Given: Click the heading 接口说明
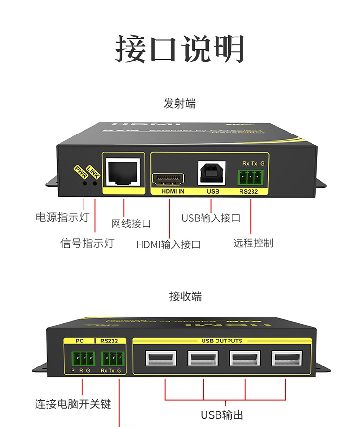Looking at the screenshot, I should [180, 49].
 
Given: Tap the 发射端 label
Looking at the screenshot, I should [180, 103].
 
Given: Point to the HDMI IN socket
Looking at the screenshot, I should [168, 180].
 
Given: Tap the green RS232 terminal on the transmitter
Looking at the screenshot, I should [251, 177].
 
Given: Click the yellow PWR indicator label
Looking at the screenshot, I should [79, 171].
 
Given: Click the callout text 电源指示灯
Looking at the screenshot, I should [62, 217].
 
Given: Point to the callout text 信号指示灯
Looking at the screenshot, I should [87, 243].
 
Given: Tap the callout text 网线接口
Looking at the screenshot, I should [131, 223].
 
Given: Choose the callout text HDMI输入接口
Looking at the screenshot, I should [168, 244].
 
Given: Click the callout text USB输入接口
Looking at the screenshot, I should [211, 218].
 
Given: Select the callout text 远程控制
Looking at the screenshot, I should [253, 243].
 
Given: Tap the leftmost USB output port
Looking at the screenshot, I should [161, 359].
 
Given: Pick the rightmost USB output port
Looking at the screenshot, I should [287, 359].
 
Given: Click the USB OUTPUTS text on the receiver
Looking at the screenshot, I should [222, 341].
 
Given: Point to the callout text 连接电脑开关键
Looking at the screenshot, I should [73, 404].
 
